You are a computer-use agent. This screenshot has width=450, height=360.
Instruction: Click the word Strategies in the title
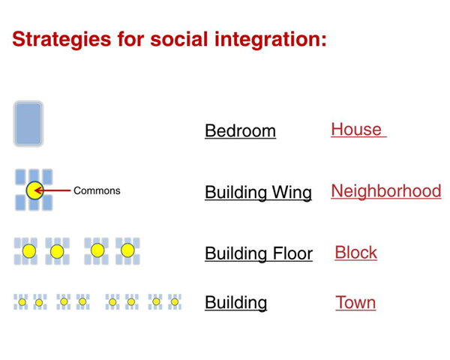pos(61,40)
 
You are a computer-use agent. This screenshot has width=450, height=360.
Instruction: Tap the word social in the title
pos(179,39)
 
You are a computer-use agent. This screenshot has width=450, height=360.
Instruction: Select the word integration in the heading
pos(271,40)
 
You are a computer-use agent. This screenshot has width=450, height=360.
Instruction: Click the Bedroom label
pos(240,131)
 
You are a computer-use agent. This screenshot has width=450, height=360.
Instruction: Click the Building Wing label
pos(258,192)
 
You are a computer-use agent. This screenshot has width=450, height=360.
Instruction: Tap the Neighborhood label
pos(386,191)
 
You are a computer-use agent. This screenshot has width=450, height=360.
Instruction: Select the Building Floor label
pos(259,253)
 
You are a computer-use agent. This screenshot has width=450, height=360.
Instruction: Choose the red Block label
pos(355,253)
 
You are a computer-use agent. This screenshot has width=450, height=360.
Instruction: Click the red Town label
pos(355,302)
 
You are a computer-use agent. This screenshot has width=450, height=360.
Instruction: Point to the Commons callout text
pos(97,190)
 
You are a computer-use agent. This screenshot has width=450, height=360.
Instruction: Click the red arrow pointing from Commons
pos(52,190)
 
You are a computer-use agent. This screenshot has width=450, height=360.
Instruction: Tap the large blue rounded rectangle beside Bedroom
pos(28,124)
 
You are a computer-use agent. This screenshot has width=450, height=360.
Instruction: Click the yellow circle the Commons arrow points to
pos(34,190)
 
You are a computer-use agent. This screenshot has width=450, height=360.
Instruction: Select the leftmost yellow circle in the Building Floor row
pos(29,251)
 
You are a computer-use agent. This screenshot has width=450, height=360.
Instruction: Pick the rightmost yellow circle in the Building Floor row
pos(127,250)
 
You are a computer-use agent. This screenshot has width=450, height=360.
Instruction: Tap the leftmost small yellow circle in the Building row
pos(22,302)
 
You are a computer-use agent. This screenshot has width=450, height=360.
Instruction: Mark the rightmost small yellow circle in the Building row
pos(175,301)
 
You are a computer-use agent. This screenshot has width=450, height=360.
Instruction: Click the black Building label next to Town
pos(236,303)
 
